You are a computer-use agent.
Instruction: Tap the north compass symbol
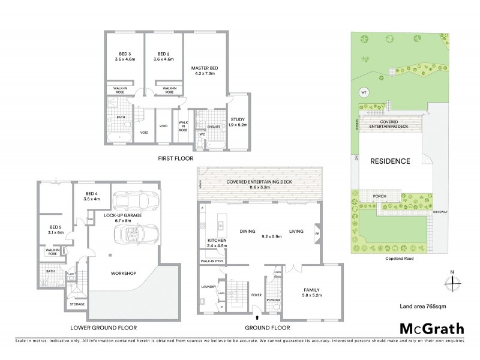tap(453, 281)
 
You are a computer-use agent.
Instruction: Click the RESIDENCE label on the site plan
tap(389, 161)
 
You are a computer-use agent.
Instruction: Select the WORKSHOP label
tap(124, 273)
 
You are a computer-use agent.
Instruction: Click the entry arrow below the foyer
tap(257, 318)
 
